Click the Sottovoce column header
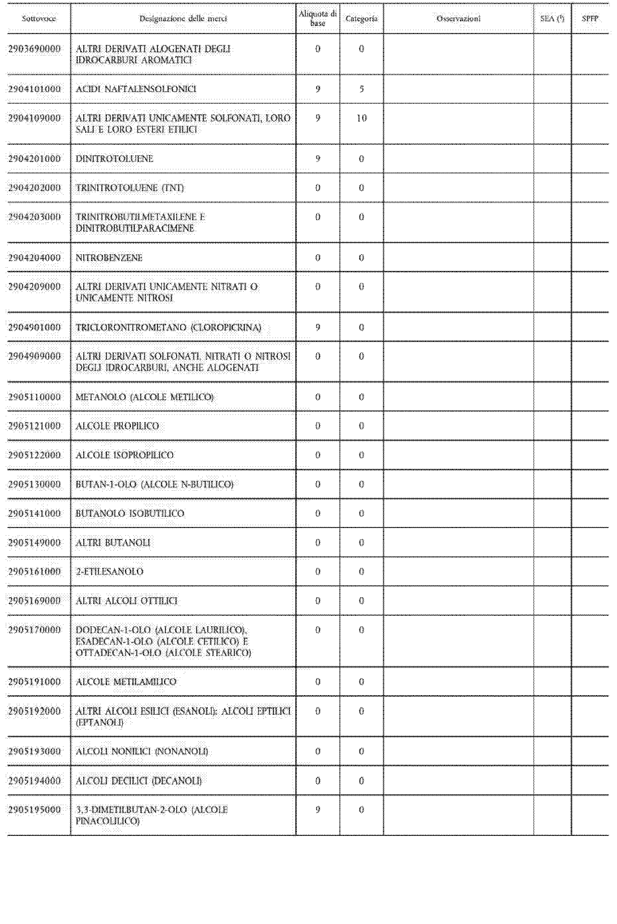(x=38, y=18)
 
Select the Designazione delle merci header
(x=183, y=18)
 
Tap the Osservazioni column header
(x=459, y=18)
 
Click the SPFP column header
(x=590, y=18)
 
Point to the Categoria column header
(x=361, y=18)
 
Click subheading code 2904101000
(x=35, y=89)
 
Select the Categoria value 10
(x=361, y=118)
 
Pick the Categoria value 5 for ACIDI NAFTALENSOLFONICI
(x=361, y=89)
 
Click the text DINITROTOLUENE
(x=114, y=158)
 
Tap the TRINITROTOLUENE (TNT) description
(x=129, y=188)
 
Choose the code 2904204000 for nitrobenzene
(x=35, y=258)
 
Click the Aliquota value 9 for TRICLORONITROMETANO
(x=318, y=327)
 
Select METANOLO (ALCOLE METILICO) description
(x=144, y=397)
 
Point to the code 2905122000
(x=35, y=455)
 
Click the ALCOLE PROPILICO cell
(x=117, y=426)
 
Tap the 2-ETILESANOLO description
(x=109, y=572)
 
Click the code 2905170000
(x=35, y=630)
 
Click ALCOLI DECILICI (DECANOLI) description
(x=138, y=781)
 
